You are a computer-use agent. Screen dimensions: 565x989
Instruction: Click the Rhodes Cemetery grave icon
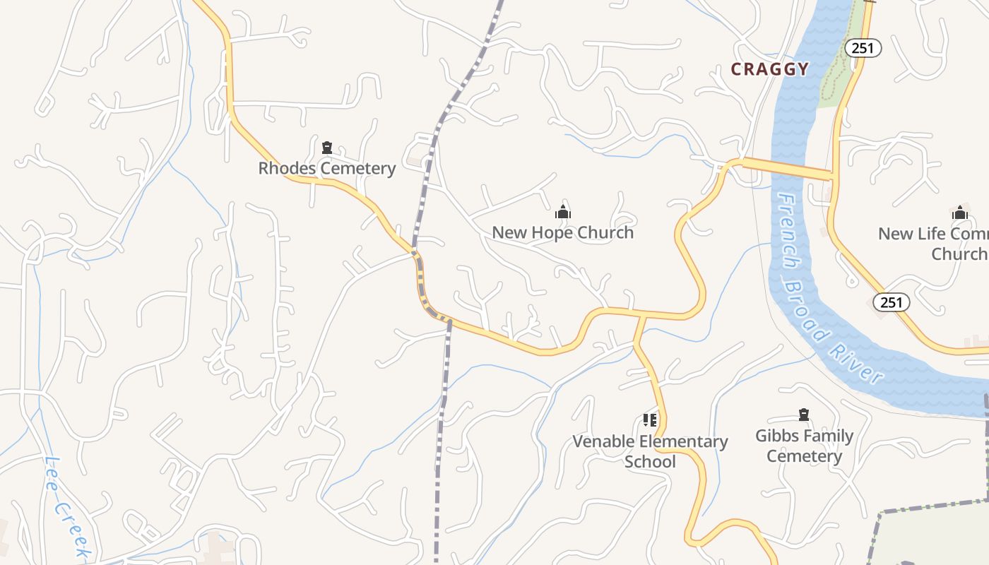coord(327,148)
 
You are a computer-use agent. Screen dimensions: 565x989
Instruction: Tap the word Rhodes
coord(284,169)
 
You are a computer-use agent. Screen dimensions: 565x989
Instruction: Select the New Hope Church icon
coord(562,212)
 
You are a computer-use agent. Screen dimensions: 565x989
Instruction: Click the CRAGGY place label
coord(770,69)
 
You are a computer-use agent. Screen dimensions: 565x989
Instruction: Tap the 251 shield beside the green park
coord(863,48)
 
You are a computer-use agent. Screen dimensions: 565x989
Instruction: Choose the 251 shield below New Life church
coord(892,302)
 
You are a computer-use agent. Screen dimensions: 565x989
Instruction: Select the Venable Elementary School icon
coord(650,421)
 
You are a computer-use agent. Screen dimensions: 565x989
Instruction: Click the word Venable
coord(602,442)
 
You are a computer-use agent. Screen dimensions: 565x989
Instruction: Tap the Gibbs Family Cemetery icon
coord(803,415)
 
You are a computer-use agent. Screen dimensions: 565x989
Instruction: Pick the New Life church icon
coord(959,213)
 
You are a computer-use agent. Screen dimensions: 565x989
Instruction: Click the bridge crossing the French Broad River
coord(786,168)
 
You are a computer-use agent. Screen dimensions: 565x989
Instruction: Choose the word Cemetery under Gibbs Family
coord(804,456)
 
